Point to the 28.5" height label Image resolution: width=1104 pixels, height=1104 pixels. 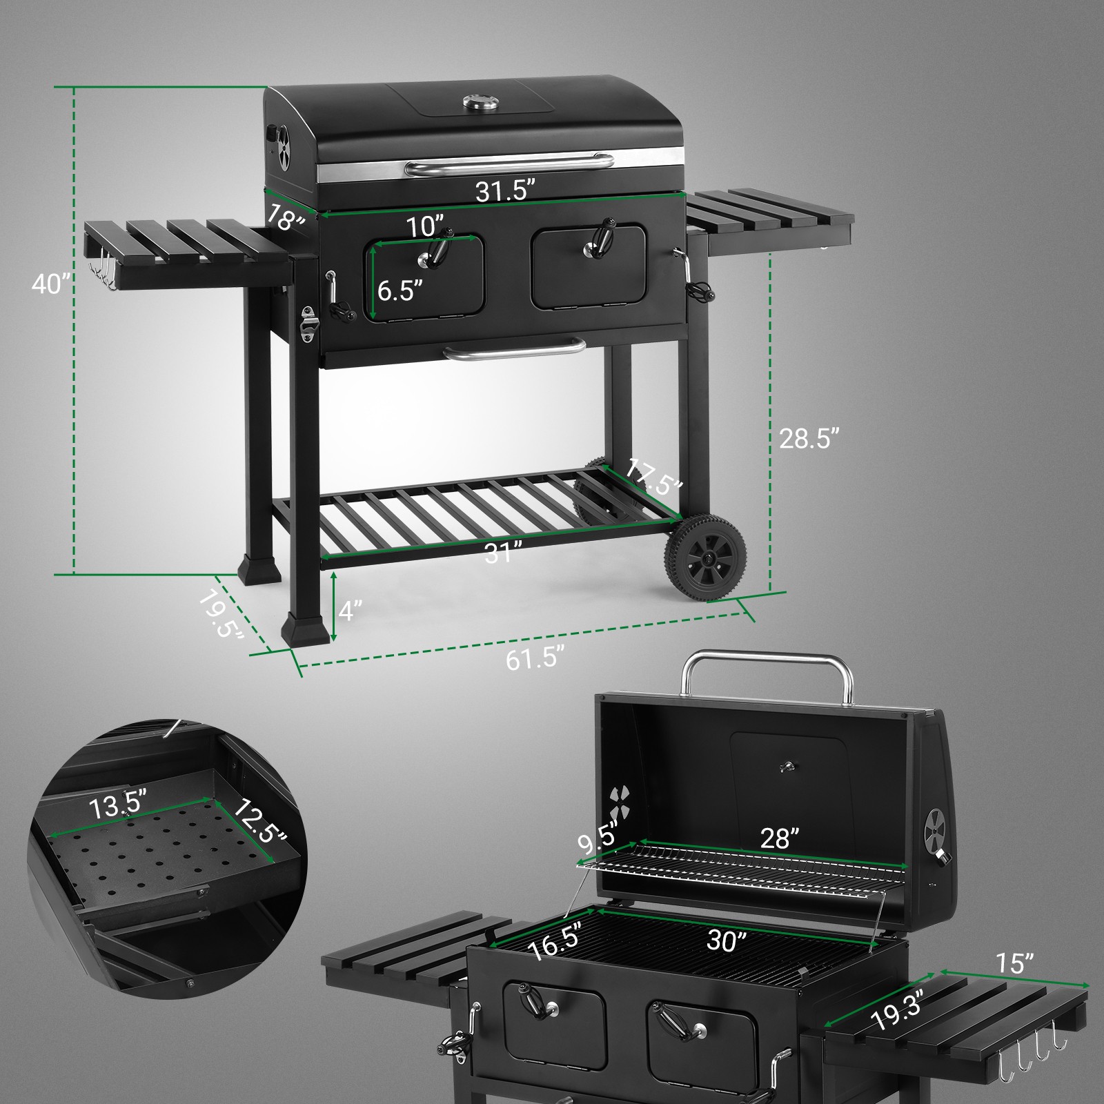(809, 438)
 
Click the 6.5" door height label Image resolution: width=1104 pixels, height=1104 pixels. (400, 290)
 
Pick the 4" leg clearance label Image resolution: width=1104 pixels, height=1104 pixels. (351, 610)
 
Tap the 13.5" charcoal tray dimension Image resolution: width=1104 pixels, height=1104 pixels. (118, 805)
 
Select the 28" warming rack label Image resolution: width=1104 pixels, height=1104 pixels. (780, 838)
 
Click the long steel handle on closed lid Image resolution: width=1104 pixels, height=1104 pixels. (509, 164)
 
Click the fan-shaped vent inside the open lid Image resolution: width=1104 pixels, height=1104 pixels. (620, 803)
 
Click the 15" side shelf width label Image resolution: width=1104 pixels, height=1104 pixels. (1014, 963)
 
